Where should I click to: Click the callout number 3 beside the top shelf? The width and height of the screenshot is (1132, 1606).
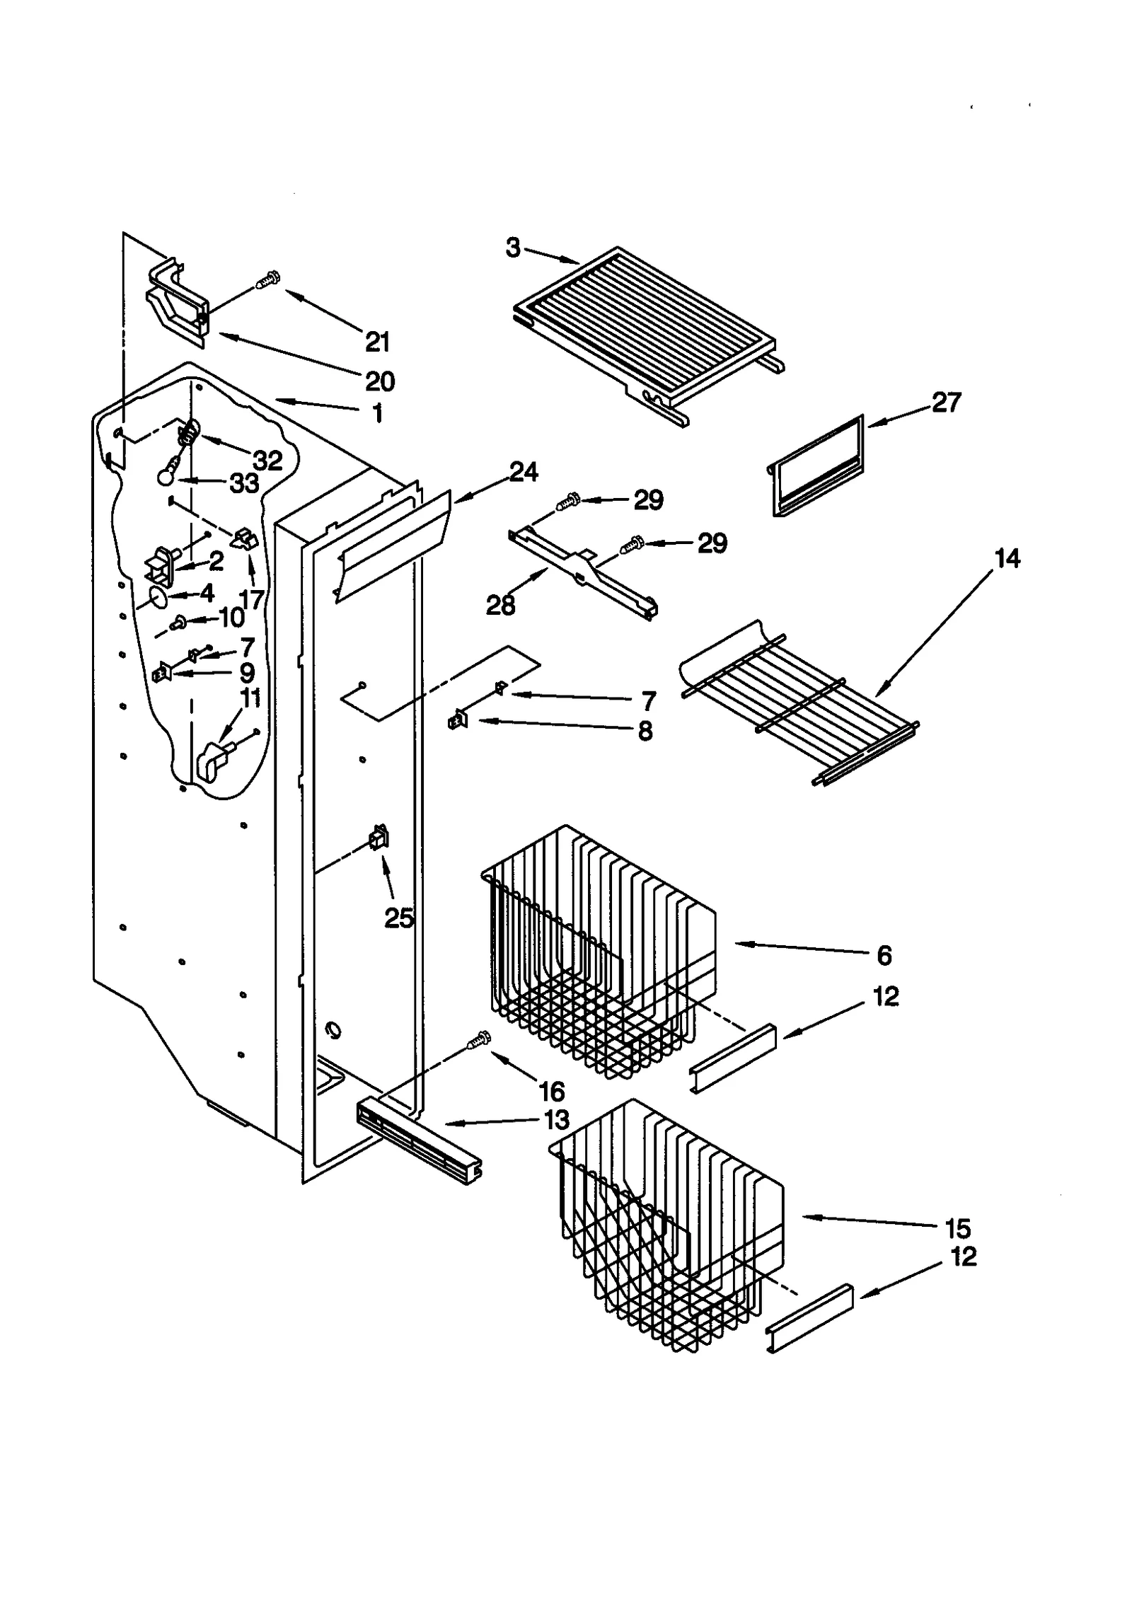click(513, 248)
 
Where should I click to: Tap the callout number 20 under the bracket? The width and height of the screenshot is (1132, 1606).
click(380, 381)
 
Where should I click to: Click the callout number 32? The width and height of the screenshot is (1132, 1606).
click(268, 461)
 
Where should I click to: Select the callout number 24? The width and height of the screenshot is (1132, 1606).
click(524, 472)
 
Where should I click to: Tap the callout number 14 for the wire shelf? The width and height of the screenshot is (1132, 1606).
click(1007, 558)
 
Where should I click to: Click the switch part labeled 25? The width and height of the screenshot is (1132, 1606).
click(379, 838)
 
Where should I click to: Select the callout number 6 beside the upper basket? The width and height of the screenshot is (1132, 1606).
click(884, 955)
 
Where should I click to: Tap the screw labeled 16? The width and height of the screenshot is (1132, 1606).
click(480, 1039)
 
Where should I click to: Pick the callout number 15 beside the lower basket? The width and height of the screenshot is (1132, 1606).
click(958, 1228)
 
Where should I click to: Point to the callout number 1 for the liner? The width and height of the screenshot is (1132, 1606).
click(378, 413)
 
